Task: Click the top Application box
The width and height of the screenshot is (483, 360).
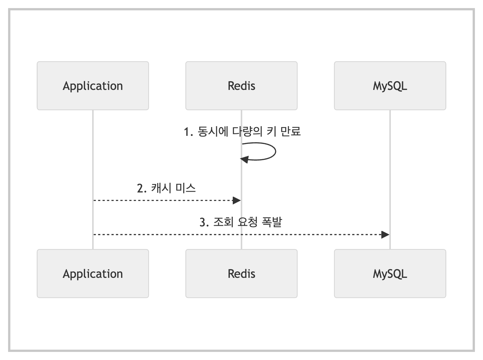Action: (93, 86)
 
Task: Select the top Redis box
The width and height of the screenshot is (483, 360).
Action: (241, 86)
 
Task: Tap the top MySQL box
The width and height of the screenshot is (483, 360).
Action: (390, 86)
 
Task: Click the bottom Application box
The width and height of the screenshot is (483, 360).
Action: (93, 274)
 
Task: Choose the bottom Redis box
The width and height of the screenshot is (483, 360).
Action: (241, 274)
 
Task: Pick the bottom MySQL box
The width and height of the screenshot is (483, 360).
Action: (390, 274)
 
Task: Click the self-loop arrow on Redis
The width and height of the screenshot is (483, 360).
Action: (276, 151)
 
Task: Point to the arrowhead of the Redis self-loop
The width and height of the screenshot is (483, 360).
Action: (244, 159)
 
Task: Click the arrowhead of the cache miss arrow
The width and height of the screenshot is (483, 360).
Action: (237, 201)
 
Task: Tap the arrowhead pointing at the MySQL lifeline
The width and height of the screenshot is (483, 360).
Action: (385, 235)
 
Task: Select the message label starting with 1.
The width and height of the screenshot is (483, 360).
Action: (242, 132)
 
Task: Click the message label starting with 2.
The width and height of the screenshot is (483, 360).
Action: (166, 188)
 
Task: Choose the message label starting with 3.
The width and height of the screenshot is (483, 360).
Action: (241, 222)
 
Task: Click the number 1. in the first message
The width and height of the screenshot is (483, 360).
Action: (188, 132)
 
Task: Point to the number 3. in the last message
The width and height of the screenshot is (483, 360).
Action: (204, 222)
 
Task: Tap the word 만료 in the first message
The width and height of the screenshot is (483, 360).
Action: (290, 131)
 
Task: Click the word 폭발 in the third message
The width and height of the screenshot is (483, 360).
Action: (272, 222)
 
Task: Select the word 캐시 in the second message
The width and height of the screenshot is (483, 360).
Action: (161, 188)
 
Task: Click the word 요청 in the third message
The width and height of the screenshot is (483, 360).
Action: (248, 222)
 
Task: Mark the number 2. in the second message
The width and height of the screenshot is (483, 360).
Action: (141, 189)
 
